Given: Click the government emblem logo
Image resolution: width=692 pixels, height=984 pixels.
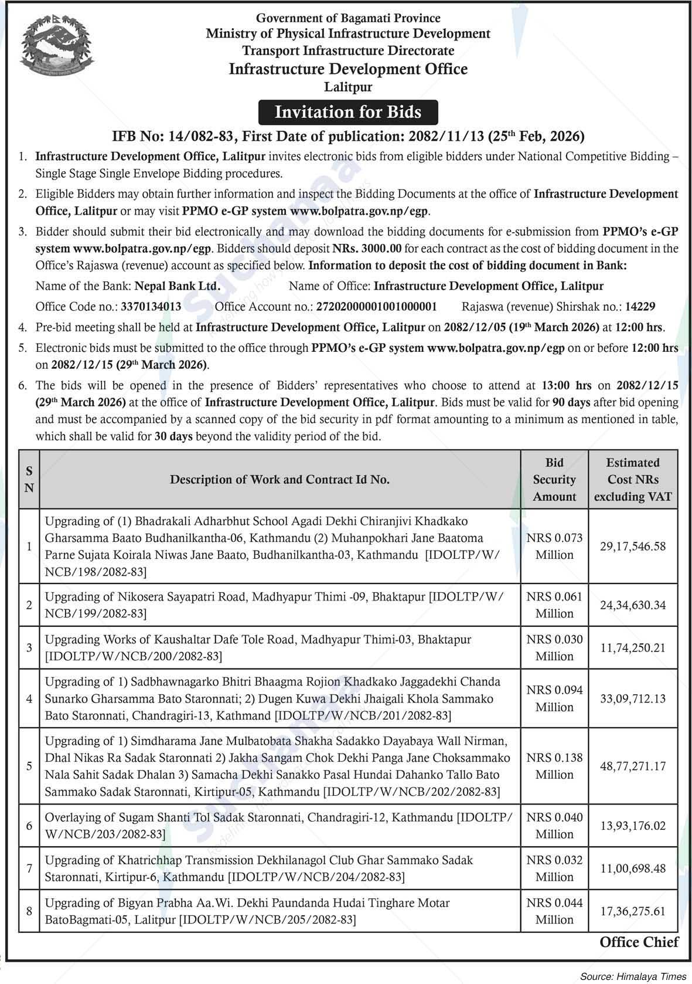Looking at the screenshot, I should click(52, 51).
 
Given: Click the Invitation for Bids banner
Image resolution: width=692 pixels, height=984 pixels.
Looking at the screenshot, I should click(348, 112).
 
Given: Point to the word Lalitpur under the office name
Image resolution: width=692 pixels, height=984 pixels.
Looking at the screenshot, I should click(348, 87).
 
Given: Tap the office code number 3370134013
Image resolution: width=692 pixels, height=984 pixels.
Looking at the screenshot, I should click(151, 306).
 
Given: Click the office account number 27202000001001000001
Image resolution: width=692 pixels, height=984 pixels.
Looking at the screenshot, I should click(377, 306).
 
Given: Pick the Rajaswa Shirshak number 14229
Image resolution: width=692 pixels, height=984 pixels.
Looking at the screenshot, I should click(640, 306).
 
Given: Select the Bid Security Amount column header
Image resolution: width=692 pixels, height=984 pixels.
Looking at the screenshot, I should click(554, 480).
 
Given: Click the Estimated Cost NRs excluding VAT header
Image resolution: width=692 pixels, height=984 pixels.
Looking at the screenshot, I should click(633, 480).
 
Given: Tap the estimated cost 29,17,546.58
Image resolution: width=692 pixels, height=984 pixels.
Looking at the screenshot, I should click(633, 546).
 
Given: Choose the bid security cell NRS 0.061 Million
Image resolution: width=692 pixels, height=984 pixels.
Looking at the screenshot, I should click(554, 605).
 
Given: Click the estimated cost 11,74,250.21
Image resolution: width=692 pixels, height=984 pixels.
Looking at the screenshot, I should click(633, 647).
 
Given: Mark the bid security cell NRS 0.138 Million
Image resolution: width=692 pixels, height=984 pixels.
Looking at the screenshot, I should click(554, 766).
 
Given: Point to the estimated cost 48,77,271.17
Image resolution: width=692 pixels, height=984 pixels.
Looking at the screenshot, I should click(633, 766).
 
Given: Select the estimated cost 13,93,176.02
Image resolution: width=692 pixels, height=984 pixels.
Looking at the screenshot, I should click(633, 826).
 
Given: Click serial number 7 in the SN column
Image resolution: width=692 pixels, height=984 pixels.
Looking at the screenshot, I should click(29, 868).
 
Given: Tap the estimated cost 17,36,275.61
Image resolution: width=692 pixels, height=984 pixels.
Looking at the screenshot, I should click(633, 911).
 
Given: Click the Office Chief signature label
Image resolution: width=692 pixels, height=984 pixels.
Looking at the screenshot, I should click(639, 942).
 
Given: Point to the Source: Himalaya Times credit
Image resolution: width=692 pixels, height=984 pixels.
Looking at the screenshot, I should click(633, 976).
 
